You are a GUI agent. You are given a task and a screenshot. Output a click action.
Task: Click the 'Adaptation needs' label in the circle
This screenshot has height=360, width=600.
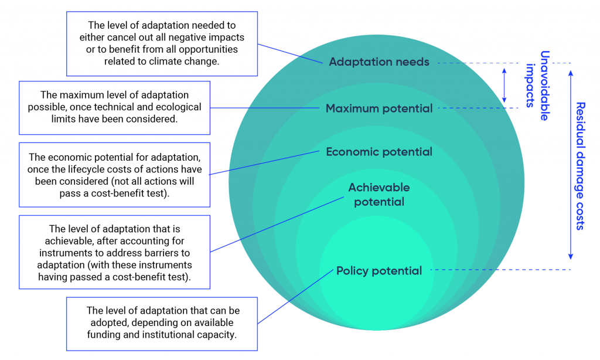point(379,62)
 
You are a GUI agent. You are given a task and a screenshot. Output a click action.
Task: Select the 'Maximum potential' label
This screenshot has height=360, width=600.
point(379,108)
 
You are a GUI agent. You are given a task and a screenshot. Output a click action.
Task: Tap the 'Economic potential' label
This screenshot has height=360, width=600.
point(379,152)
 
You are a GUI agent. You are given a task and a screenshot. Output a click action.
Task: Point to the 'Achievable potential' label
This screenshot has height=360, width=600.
point(379,195)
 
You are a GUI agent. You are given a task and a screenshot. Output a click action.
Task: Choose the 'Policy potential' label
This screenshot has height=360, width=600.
point(379,271)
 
